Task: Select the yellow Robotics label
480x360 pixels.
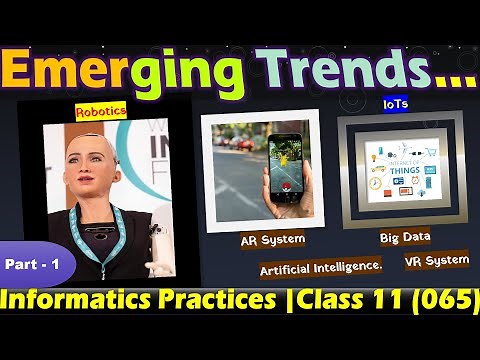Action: (101, 113)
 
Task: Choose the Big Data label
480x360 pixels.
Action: (404, 238)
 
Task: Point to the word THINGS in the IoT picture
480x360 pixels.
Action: (398, 169)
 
